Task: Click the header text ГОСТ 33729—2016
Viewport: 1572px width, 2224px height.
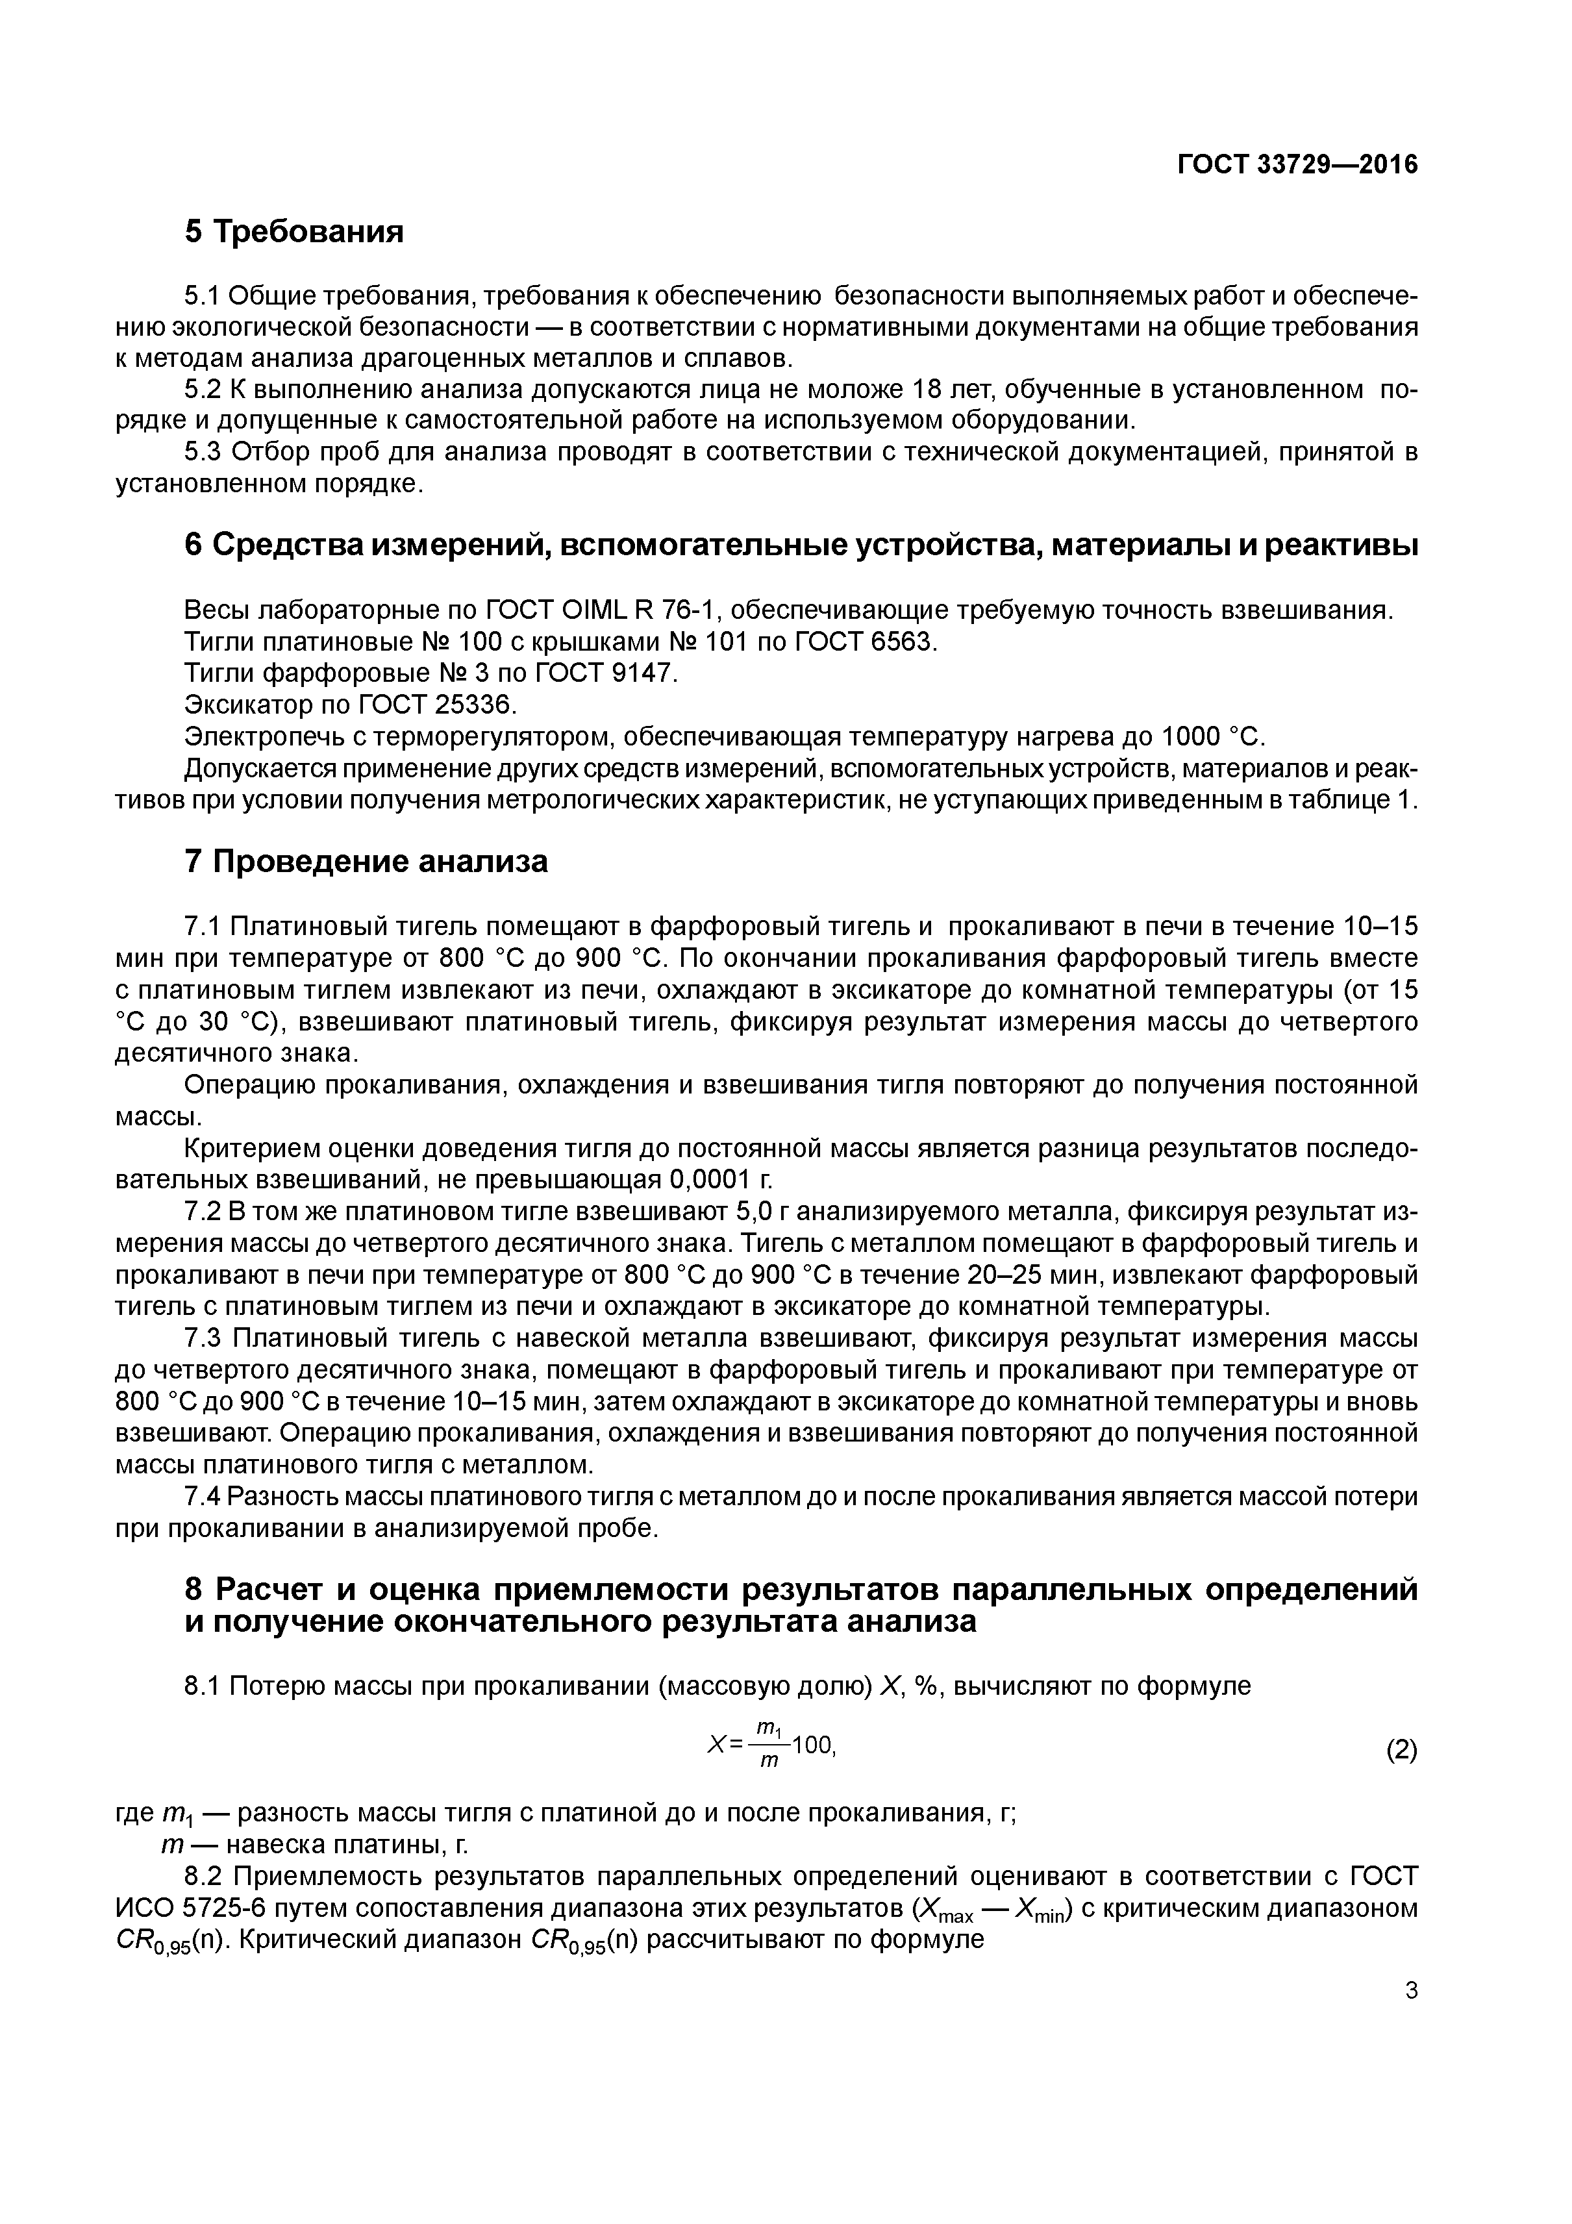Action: [x=1296, y=165]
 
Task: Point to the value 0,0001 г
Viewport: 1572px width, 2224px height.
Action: [x=719, y=1180]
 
